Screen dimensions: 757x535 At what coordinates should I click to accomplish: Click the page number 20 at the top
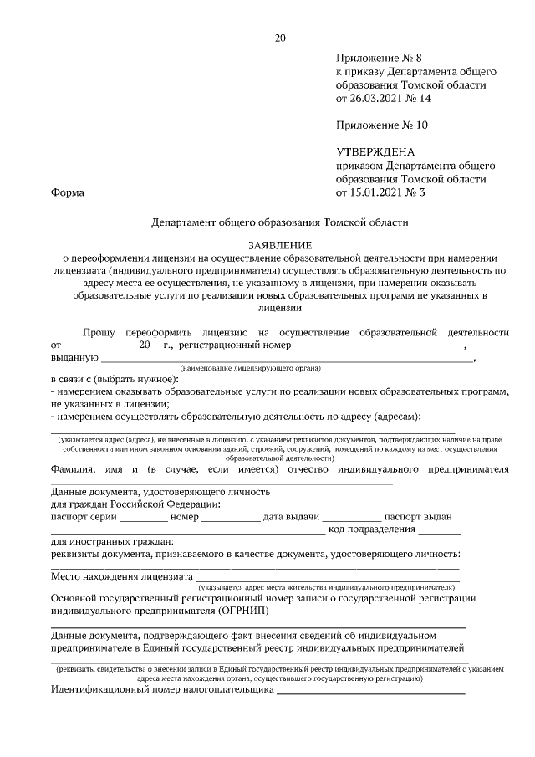click(280, 38)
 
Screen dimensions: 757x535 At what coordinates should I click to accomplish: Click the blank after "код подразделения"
click(440, 530)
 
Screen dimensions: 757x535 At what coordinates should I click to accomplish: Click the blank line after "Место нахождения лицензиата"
click(327, 577)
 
